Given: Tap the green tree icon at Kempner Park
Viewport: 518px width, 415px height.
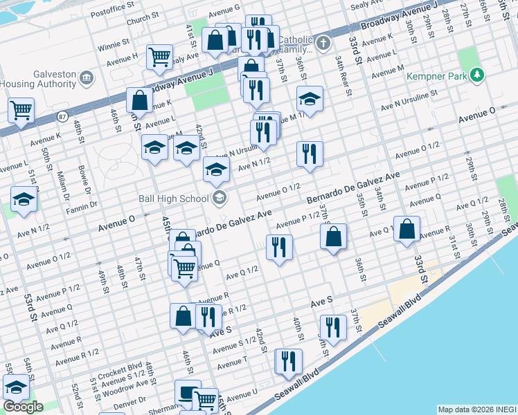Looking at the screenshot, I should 476,75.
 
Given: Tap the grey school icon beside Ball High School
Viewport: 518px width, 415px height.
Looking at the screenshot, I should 220,199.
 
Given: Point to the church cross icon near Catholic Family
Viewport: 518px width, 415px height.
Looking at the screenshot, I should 323,45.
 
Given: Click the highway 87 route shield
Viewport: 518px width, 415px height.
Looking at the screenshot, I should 62,116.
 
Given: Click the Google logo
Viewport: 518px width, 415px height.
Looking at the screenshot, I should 23,407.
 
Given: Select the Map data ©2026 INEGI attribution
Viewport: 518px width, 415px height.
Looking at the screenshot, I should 476,409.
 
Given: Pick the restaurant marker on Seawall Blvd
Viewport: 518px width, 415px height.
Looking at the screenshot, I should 288,360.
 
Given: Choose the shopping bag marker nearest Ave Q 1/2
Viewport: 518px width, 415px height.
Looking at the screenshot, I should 407,228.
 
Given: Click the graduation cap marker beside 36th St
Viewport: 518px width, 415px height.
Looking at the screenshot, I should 310,98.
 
